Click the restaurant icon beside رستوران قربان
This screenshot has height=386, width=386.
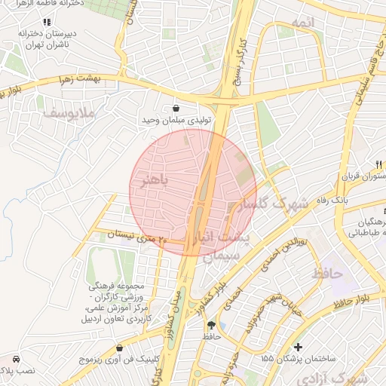point(379,164)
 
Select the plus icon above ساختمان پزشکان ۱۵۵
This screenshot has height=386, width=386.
point(299,347)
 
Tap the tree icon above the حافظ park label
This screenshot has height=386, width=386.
point(210,325)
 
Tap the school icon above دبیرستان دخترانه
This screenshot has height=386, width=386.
point(47,22)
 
